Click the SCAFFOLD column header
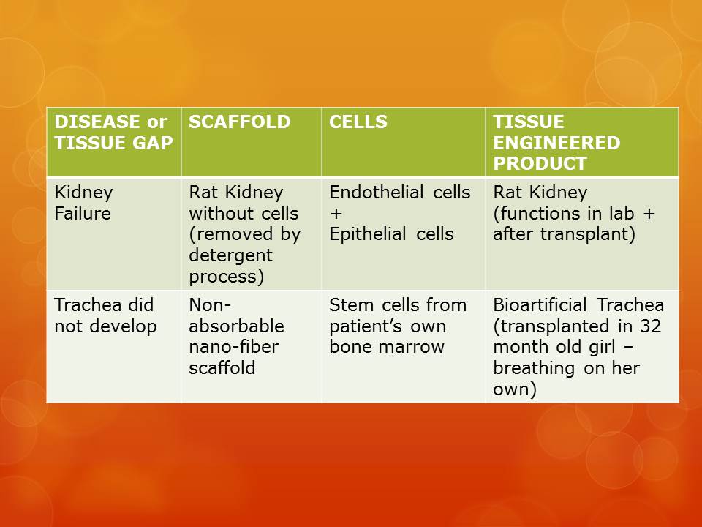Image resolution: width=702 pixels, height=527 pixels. pyautogui.click(x=239, y=122)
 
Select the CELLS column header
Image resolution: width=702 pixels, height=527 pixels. pyautogui.click(x=358, y=122)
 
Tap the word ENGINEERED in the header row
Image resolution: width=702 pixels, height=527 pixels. pyautogui.click(x=556, y=143)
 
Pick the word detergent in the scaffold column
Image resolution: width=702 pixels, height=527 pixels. pyautogui.click(x=230, y=256)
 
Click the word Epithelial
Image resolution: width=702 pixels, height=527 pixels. pyautogui.click(x=363, y=234)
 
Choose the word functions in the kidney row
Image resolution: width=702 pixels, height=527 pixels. pyautogui.click(x=538, y=214)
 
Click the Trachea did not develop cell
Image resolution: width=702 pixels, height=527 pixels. pyautogui.click(x=105, y=315)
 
